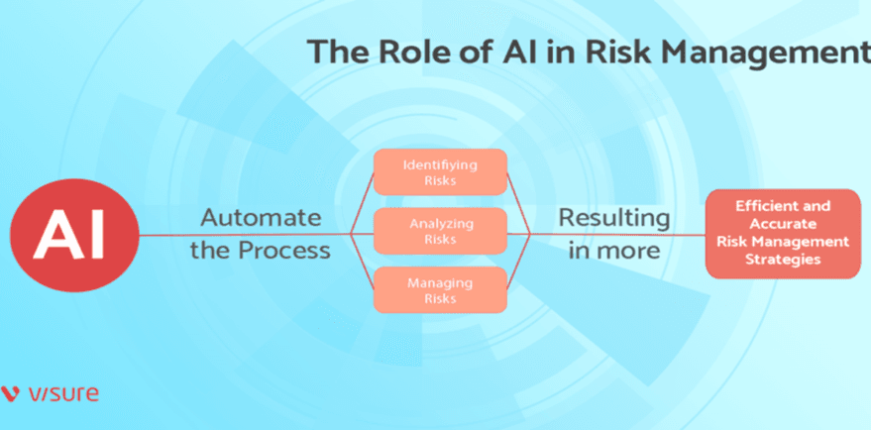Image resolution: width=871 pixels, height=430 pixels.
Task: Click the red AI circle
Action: click(x=68, y=236)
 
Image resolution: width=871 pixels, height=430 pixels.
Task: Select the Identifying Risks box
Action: click(x=439, y=171)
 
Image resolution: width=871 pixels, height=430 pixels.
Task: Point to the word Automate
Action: click(x=262, y=217)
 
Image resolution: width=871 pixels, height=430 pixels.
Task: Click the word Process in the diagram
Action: click(x=283, y=250)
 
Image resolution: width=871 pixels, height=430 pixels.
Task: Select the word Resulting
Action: click(x=613, y=217)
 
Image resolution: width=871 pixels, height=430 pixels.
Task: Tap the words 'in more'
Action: click(x=613, y=250)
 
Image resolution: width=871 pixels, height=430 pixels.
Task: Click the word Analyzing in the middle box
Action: click(x=439, y=224)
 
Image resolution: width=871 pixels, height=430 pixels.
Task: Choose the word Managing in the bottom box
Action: click(x=439, y=283)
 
